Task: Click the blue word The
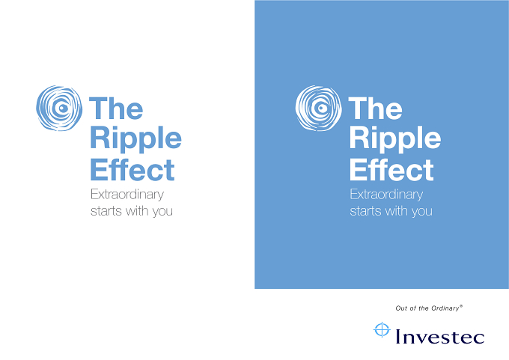pos(116,108)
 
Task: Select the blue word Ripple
pos(135,140)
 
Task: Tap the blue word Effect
pos(132,169)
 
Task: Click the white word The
pos(375,108)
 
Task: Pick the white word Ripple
pos(395,140)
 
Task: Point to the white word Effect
pos(391,169)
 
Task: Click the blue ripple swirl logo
pos(59,108)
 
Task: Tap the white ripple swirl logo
pos(318,108)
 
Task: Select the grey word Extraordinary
pos(127,195)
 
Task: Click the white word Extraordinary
pos(386,195)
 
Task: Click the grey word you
pos(162,212)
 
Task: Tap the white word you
pos(422,212)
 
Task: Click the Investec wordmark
pos(440,336)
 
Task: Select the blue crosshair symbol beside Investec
pos(382,330)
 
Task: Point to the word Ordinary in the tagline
pos(446,308)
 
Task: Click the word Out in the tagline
pos(401,308)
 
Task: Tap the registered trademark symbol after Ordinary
pos(461,306)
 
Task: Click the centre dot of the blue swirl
pos(62,108)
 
